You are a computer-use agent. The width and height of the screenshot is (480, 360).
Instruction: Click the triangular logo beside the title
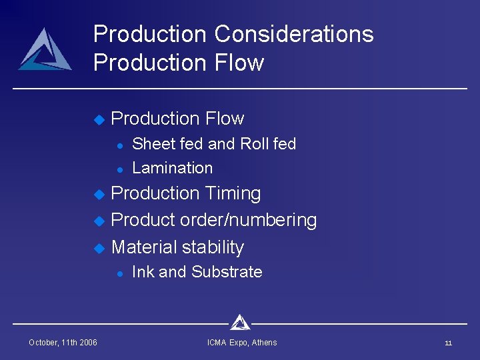[45, 50]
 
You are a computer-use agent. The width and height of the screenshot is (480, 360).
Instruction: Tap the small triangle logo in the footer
[239, 323]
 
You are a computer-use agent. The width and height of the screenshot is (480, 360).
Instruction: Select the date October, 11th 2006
[63, 343]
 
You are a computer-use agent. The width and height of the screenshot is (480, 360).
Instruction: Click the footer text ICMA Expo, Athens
[242, 343]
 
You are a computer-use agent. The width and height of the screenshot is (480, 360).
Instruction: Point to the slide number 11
[448, 343]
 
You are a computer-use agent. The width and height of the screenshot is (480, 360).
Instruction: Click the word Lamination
[173, 168]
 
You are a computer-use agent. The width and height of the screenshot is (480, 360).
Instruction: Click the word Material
[144, 247]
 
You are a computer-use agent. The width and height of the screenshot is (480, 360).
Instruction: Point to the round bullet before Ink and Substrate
[118, 273]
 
